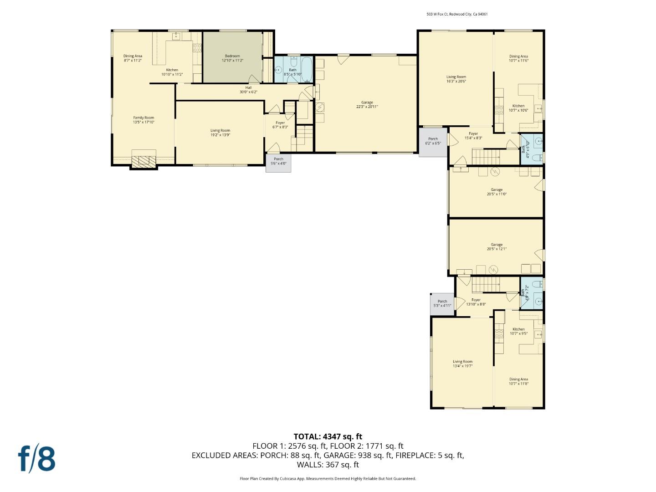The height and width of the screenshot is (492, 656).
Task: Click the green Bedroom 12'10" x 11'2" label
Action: (x=232, y=58)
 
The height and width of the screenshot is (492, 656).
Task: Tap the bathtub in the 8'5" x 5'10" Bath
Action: (x=306, y=69)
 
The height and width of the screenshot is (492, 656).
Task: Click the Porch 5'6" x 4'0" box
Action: (x=278, y=162)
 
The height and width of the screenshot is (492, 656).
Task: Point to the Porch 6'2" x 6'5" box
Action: (x=433, y=142)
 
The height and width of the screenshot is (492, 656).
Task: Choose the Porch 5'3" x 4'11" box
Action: (x=442, y=304)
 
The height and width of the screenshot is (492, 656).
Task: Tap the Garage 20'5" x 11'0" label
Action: (x=496, y=192)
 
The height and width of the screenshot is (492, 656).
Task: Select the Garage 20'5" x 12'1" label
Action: (x=496, y=247)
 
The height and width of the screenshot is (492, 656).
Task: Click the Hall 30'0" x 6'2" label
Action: (x=248, y=90)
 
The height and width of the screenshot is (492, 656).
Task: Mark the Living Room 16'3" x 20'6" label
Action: (x=456, y=79)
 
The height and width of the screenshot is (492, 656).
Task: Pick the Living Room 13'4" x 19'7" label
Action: (x=462, y=364)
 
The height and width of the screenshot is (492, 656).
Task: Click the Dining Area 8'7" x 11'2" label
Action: (x=133, y=58)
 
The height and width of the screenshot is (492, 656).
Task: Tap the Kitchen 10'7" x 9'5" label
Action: (x=518, y=331)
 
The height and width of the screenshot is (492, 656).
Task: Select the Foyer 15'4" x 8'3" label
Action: (x=473, y=136)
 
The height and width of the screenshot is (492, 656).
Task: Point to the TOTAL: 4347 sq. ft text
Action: (x=328, y=436)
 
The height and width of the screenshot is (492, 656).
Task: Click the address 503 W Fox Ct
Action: (x=457, y=14)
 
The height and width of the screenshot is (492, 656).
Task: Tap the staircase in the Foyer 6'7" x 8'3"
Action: (x=304, y=133)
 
